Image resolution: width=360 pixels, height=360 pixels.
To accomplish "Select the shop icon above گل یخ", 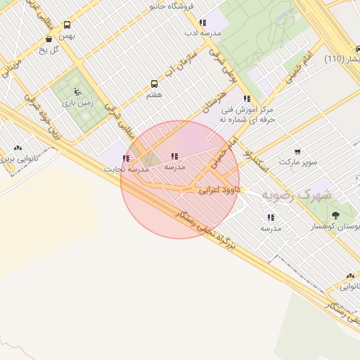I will coord(49,39).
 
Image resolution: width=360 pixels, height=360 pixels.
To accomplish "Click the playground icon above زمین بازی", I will coord(77,92).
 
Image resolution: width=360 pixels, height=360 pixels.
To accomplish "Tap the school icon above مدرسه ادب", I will coord(203,22).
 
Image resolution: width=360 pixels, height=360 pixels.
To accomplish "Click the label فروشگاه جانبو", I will coord(167,6).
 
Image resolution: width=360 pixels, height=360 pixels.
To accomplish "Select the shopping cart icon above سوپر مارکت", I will coord(297,151).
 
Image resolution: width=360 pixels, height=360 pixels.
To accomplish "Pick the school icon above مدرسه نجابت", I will coord(126,159).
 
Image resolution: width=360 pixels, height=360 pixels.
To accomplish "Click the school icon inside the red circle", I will coord(174,157).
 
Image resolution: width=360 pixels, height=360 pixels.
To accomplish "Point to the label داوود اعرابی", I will coord(219,190).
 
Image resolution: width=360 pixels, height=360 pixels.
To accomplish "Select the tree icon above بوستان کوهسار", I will coord(335,215).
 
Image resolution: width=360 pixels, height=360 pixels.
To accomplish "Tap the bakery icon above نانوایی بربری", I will coord(18,148).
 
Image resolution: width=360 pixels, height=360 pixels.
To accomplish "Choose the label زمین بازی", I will coord(78,103).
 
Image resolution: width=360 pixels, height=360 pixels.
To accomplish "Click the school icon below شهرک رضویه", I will coord(271,217).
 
